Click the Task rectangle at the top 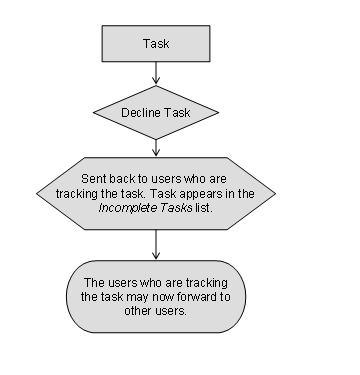156,44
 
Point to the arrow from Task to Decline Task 156,73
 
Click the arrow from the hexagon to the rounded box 156,245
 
